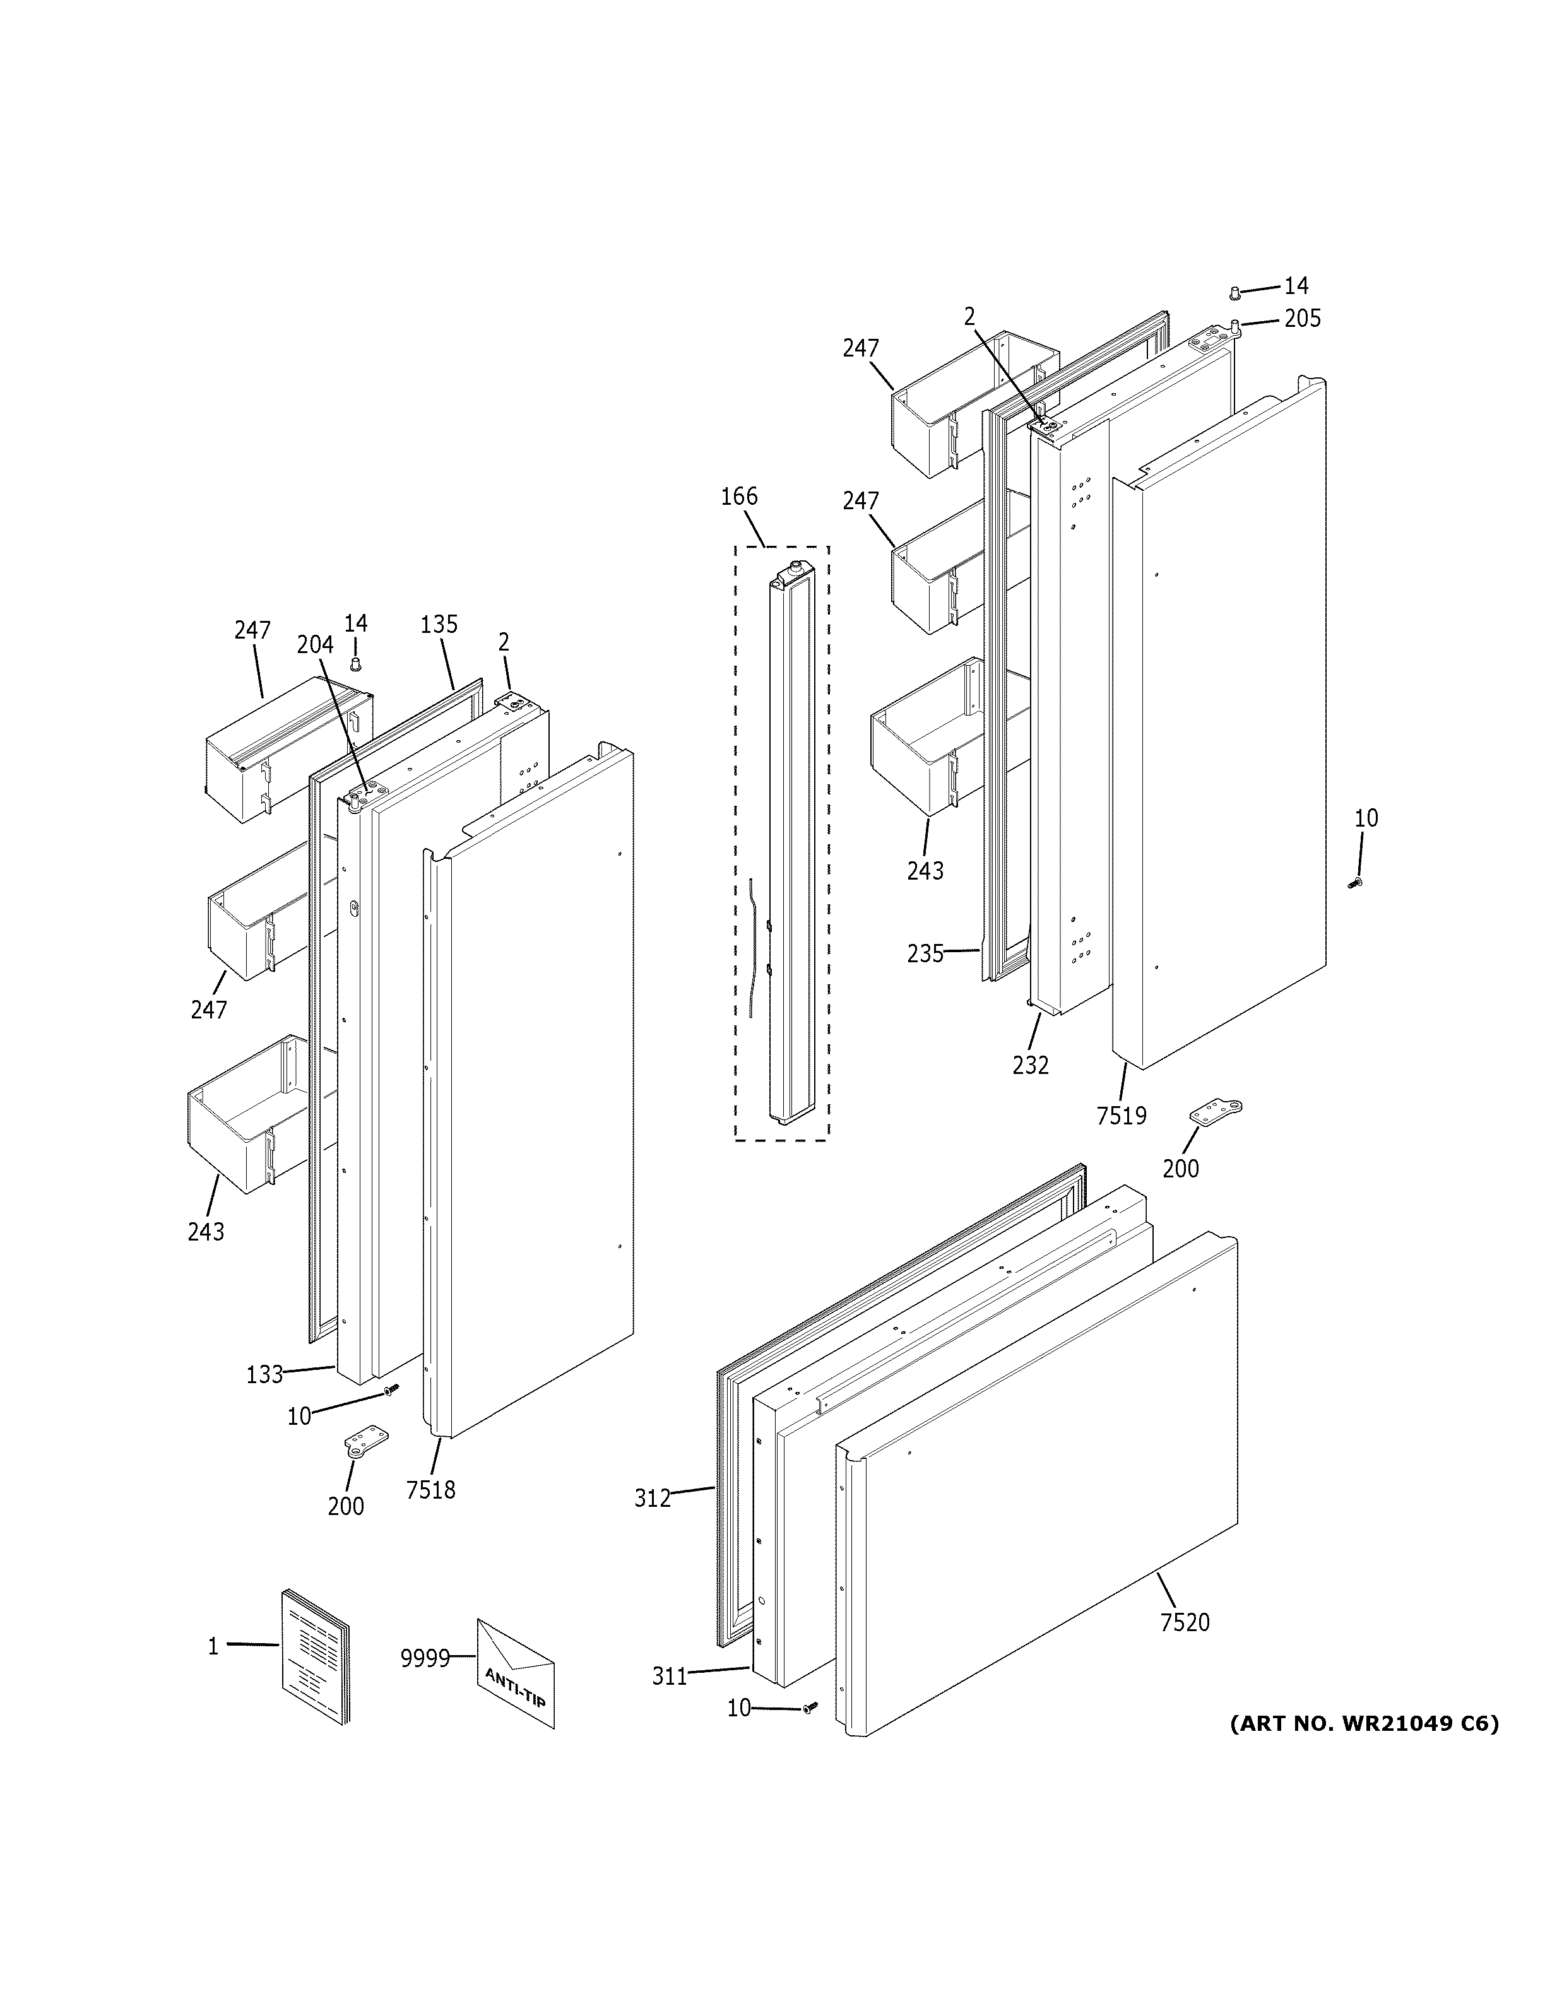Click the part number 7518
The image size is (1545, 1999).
[430, 1490]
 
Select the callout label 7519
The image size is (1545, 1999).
[1122, 1116]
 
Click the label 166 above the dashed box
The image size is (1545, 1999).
[738, 497]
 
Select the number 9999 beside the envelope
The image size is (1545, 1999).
[425, 1658]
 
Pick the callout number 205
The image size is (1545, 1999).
[1303, 319]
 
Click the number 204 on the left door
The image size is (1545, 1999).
[315, 644]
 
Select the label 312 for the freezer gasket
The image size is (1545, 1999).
[653, 1499]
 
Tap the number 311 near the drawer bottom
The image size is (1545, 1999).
[669, 1676]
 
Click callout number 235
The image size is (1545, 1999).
[925, 953]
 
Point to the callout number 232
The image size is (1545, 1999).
[1031, 1064]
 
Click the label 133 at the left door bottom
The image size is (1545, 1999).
[264, 1400]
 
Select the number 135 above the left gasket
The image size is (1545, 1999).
[439, 624]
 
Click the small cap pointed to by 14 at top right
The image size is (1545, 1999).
[1234, 292]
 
